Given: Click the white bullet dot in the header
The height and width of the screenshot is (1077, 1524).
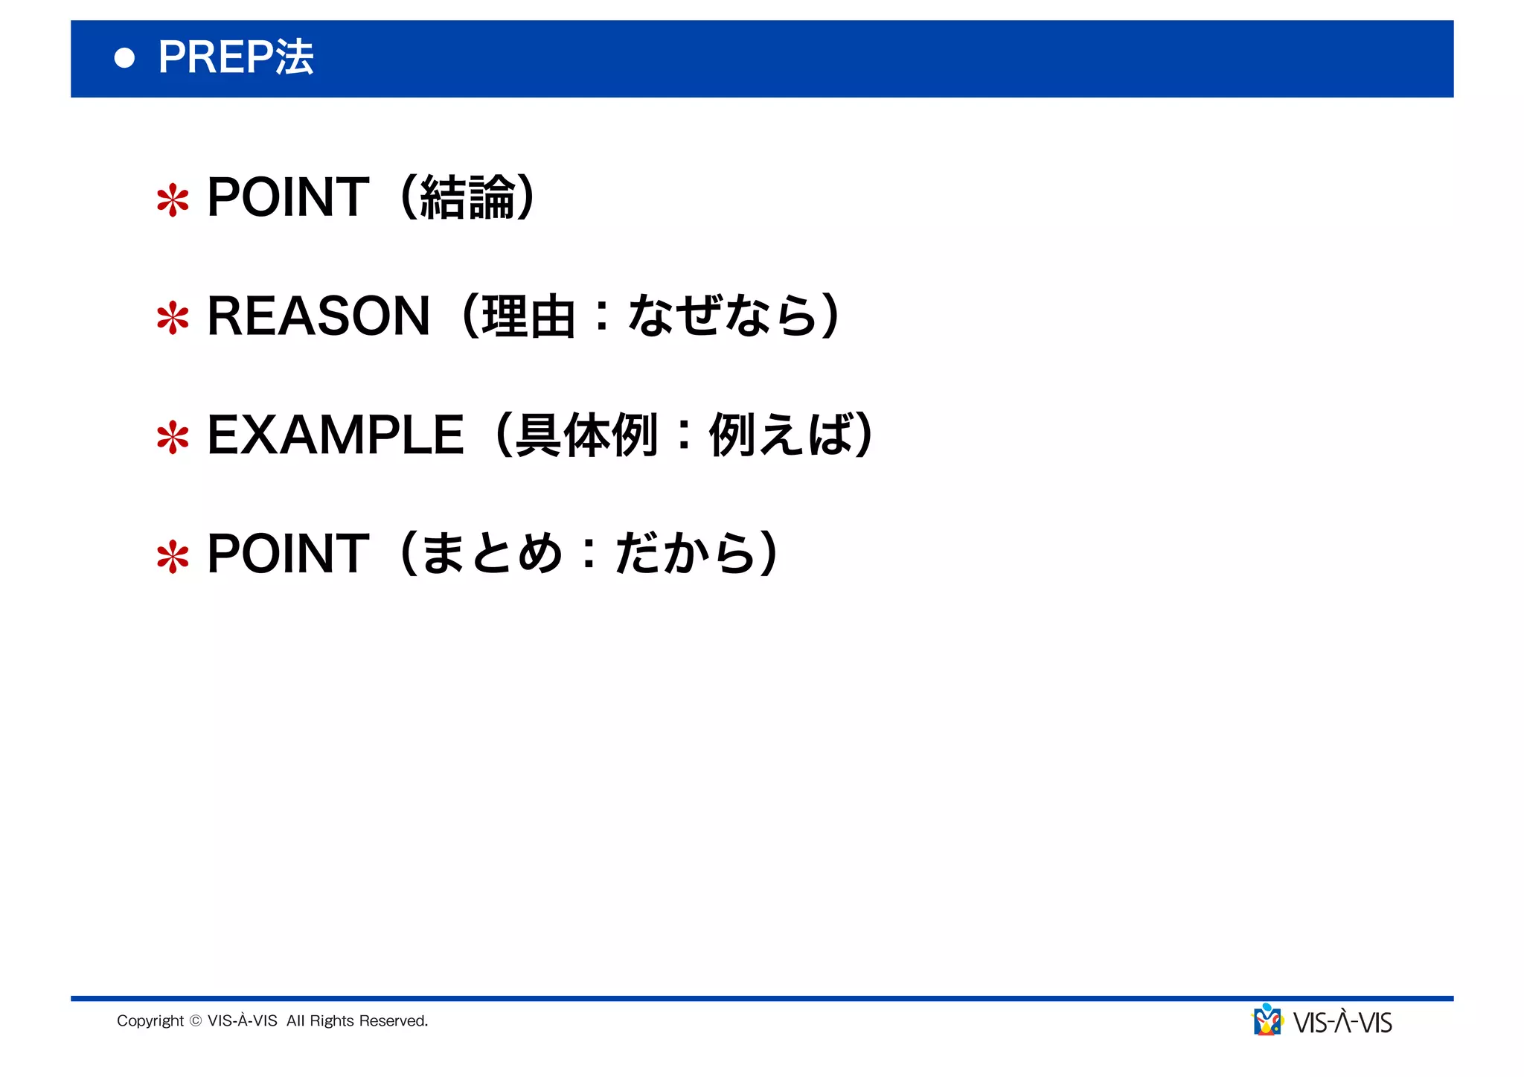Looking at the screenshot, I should tap(125, 58).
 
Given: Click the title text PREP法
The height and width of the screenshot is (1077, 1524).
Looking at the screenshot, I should tap(235, 57).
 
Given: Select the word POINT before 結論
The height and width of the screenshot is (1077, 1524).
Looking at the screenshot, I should tap(288, 197).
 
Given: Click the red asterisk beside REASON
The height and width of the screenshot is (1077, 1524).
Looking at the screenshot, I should tap(173, 318).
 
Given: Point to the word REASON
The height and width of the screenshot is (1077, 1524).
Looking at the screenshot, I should tap(318, 316).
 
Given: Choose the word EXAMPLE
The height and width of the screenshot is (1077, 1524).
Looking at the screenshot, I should tap(336, 435).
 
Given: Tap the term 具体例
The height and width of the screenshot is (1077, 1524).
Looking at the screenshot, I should tap(587, 435).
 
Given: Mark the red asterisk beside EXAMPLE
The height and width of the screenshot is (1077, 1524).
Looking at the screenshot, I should tap(173, 438).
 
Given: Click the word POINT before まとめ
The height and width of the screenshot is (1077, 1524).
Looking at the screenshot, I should tap(288, 554).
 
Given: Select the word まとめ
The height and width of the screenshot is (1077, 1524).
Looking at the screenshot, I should tap(492, 554).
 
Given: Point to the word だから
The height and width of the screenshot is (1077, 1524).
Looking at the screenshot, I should tap(685, 554).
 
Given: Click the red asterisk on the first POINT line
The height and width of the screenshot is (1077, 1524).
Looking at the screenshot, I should tap(173, 200).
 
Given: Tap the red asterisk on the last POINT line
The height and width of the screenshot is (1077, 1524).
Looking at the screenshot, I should tap(173, 556).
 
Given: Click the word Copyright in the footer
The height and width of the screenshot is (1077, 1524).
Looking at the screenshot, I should tap(150, 1021).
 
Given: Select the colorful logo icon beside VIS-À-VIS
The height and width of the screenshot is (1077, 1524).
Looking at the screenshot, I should tap(1267, 1020).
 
